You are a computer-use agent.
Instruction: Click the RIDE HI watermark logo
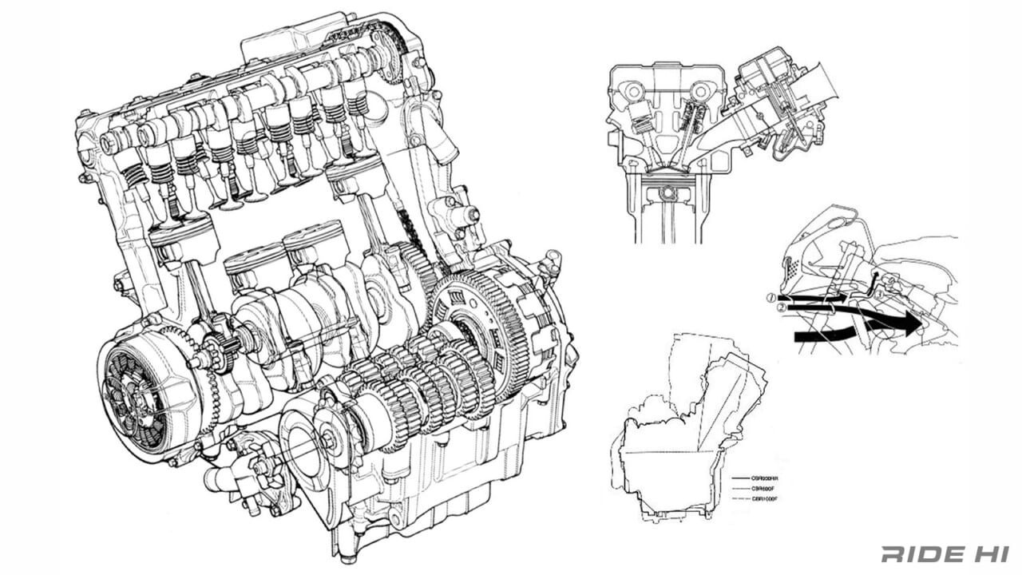click(x=945, y=553)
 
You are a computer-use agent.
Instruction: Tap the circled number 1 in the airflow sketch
click(x=770, y=297)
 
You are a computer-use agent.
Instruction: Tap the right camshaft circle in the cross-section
click(x=700, y=90)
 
